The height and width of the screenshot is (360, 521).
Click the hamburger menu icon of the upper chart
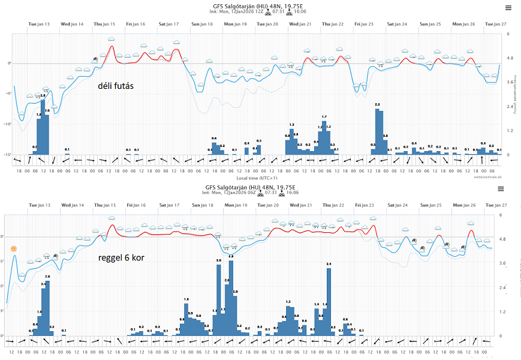508,8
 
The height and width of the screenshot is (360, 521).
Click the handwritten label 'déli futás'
116,86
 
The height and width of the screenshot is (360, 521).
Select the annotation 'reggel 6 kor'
122,259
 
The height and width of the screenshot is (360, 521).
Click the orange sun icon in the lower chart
13,248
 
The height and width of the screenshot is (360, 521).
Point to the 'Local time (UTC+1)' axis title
257,178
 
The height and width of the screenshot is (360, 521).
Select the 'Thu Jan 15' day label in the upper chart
104,24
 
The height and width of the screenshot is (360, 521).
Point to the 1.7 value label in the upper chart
324,116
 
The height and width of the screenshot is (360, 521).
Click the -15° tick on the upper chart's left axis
8,155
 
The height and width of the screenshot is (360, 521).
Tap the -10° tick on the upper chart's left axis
8,124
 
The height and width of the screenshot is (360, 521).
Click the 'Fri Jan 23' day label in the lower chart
363,205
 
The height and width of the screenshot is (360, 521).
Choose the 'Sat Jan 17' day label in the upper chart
168,24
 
